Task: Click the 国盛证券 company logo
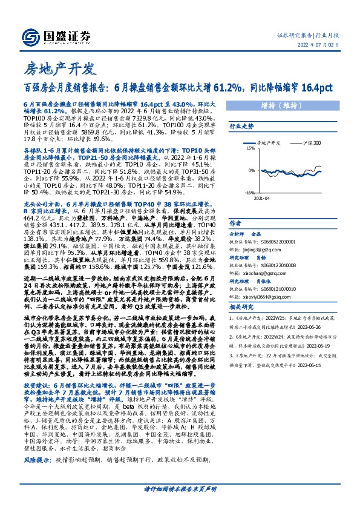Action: point(57,36)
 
